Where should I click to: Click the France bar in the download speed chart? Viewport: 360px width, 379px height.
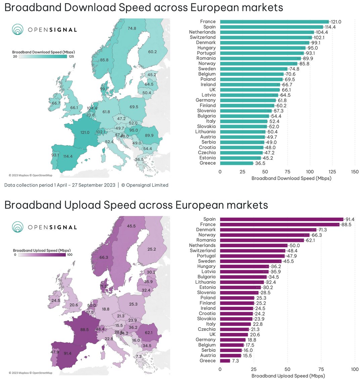click(274, 22)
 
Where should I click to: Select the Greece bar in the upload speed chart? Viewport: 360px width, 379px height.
click(225, 361)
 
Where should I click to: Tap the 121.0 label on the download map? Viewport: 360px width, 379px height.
click(85, 132)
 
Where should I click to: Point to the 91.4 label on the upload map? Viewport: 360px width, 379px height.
click(67, 353)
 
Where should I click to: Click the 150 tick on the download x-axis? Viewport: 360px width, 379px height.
click(355, 172)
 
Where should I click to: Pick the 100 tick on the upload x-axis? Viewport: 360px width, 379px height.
click(355, 369)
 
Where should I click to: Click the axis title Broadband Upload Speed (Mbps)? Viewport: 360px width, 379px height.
click(288, 376)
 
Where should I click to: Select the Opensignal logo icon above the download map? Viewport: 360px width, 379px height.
click(18, 30)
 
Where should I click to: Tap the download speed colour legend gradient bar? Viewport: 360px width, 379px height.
click(43, 56)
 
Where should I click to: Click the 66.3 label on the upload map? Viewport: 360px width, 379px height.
click(104, 257)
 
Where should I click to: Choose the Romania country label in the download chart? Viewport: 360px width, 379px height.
click(206, 58)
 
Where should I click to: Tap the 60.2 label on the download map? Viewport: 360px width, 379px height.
click(152, 52)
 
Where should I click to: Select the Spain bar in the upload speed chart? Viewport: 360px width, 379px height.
click(281, 219)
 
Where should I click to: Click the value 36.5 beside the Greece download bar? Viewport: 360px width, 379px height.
click(260, 163)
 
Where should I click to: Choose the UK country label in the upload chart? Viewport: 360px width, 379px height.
click(212, 334)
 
